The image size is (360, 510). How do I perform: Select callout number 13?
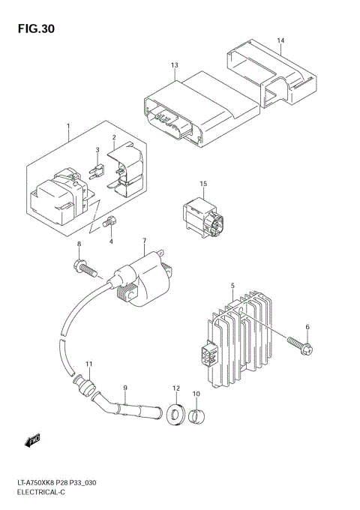click(x=174, y=66)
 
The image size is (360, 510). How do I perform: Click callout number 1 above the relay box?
click(x=68, y=125)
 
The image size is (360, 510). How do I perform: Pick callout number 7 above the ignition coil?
click(x=143, y=241)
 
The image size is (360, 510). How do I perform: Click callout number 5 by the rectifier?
click(x=233, y=285)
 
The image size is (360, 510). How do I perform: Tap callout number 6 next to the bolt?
click(x=307, y=328)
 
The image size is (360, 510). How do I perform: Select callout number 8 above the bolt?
click(x=79, y=245)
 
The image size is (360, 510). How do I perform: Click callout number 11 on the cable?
click(x=88, y=364)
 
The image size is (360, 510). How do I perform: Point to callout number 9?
click(x=126, y=388)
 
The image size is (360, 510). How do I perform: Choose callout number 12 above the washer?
click(x=177, y=388)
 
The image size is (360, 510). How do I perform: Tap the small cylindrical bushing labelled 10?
click(x=198, y=415)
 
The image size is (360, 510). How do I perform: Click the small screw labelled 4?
click(x=111, y=221)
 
